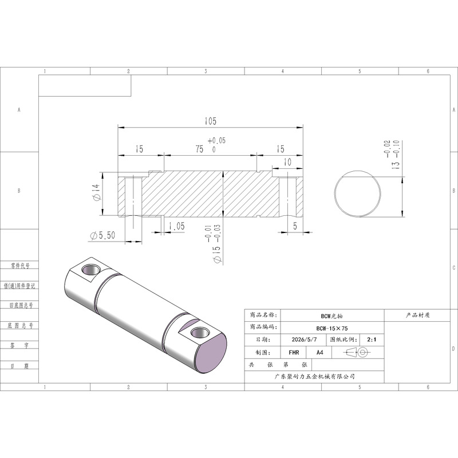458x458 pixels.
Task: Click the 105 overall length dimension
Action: pos(210,121)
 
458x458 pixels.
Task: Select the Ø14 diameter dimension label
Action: pos(97,192)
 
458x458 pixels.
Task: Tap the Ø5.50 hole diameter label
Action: pos(102,235)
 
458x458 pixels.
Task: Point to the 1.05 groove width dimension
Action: pos(176,226)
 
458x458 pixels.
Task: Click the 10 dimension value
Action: pos(287,162)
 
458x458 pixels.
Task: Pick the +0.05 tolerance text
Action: pos(217,140)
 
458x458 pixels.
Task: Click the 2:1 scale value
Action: pos(372,339)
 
